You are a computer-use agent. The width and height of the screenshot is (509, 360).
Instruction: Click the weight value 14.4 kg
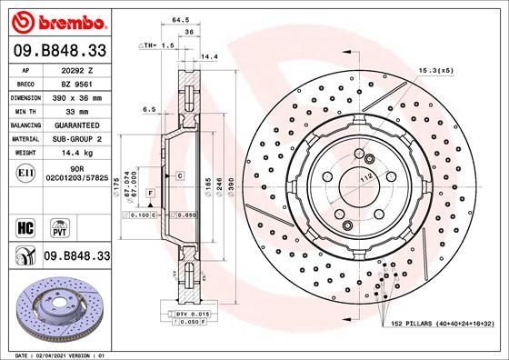76,153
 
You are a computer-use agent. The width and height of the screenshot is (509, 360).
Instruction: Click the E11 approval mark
26,171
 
